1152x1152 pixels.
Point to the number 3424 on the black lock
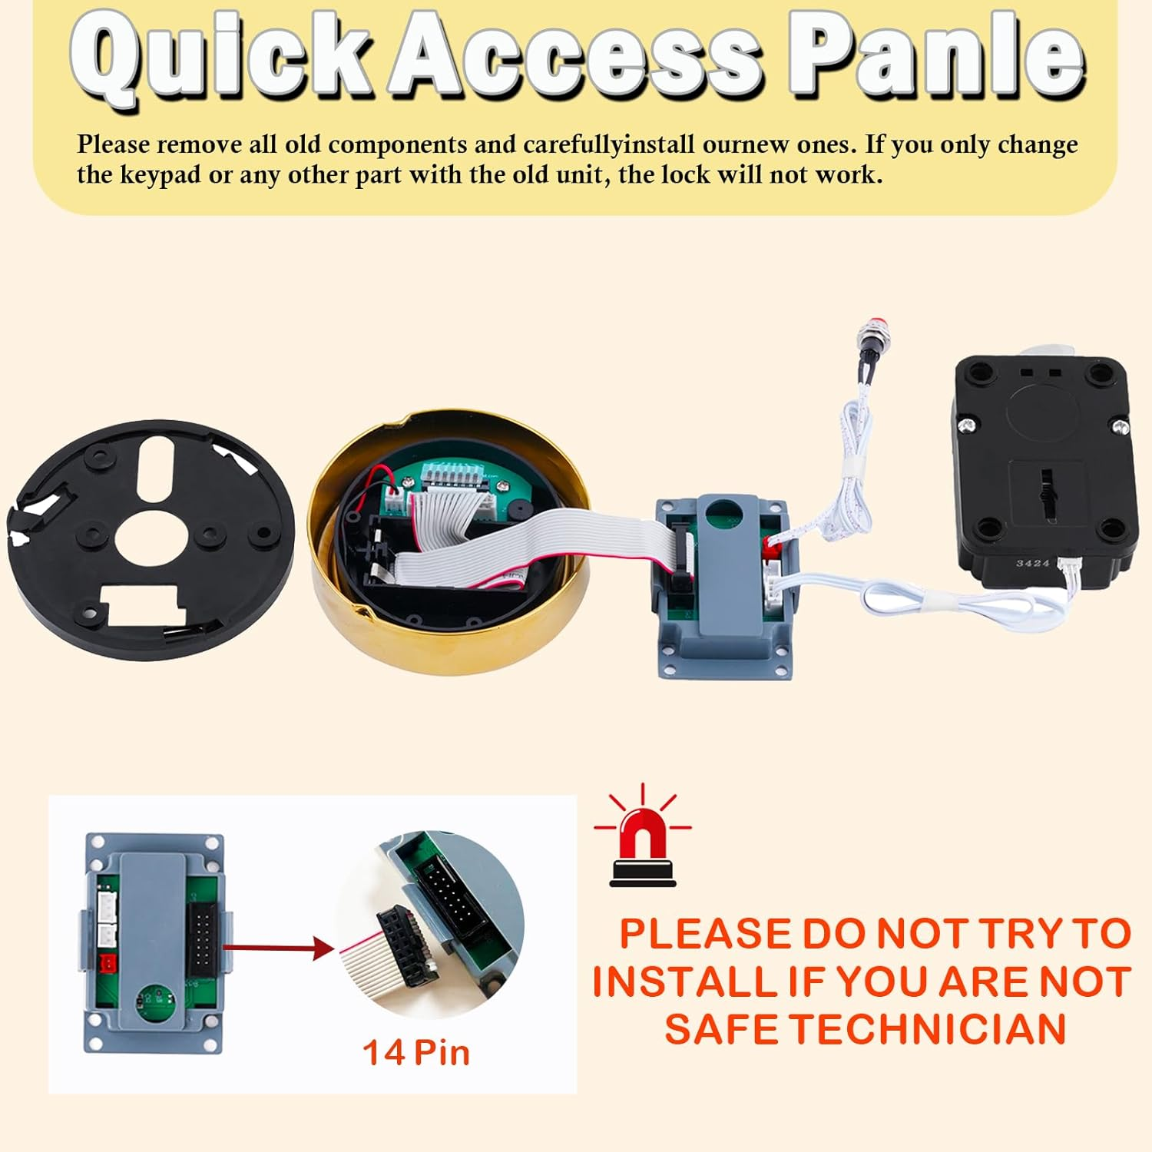point(1032,564)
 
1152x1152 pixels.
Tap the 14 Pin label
point(415,1053)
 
